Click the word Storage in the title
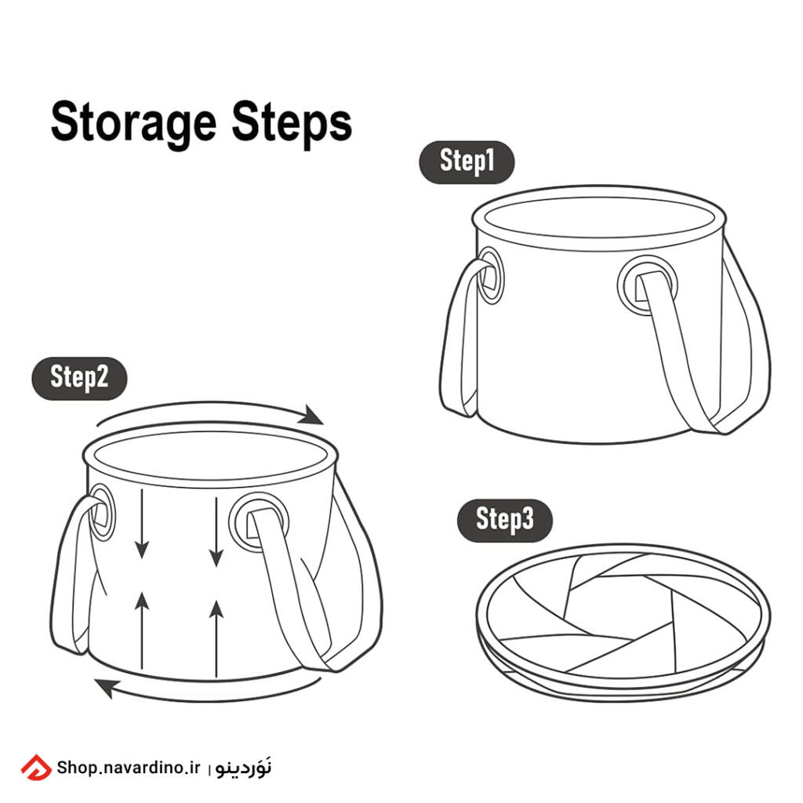coord(133,123)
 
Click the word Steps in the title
coord(292,123)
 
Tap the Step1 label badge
coord(467,162)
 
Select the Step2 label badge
coord(79,379)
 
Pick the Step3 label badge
coord(504,521)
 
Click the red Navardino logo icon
coord(36,767)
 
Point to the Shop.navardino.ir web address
coord(129,767)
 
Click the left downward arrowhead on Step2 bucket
coord(142,549)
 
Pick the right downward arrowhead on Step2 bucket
coord(216,556)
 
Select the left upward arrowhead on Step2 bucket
coord(142,601)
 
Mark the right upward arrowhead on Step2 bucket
coord(216,609)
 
